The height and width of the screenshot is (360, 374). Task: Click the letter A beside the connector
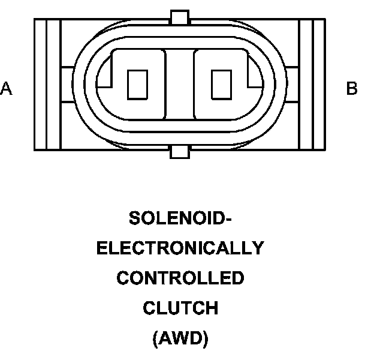7,89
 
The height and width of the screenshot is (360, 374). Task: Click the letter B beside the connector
352,89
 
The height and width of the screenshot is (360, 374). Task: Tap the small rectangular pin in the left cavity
138,84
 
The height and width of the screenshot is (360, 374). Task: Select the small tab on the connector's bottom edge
179,151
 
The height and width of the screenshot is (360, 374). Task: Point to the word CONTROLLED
180,278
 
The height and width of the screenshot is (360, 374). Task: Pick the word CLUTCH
180,308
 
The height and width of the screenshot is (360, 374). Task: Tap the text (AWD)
180,339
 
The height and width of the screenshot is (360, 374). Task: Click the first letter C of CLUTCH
149,308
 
